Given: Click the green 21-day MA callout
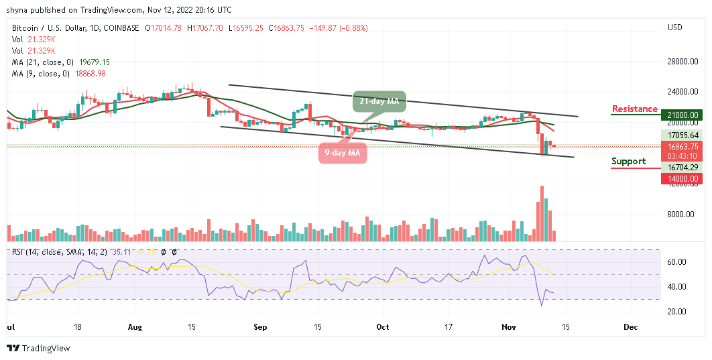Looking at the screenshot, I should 379,101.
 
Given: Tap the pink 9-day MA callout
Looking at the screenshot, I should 342,153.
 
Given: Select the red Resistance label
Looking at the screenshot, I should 635,109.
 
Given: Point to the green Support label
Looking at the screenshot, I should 629,162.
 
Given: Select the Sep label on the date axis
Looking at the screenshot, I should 260,327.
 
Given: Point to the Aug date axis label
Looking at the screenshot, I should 135,327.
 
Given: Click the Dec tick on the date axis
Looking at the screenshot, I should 630,327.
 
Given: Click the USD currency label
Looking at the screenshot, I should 675,27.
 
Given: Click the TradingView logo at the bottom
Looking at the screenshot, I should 38,349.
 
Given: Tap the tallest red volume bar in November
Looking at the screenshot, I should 542,213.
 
